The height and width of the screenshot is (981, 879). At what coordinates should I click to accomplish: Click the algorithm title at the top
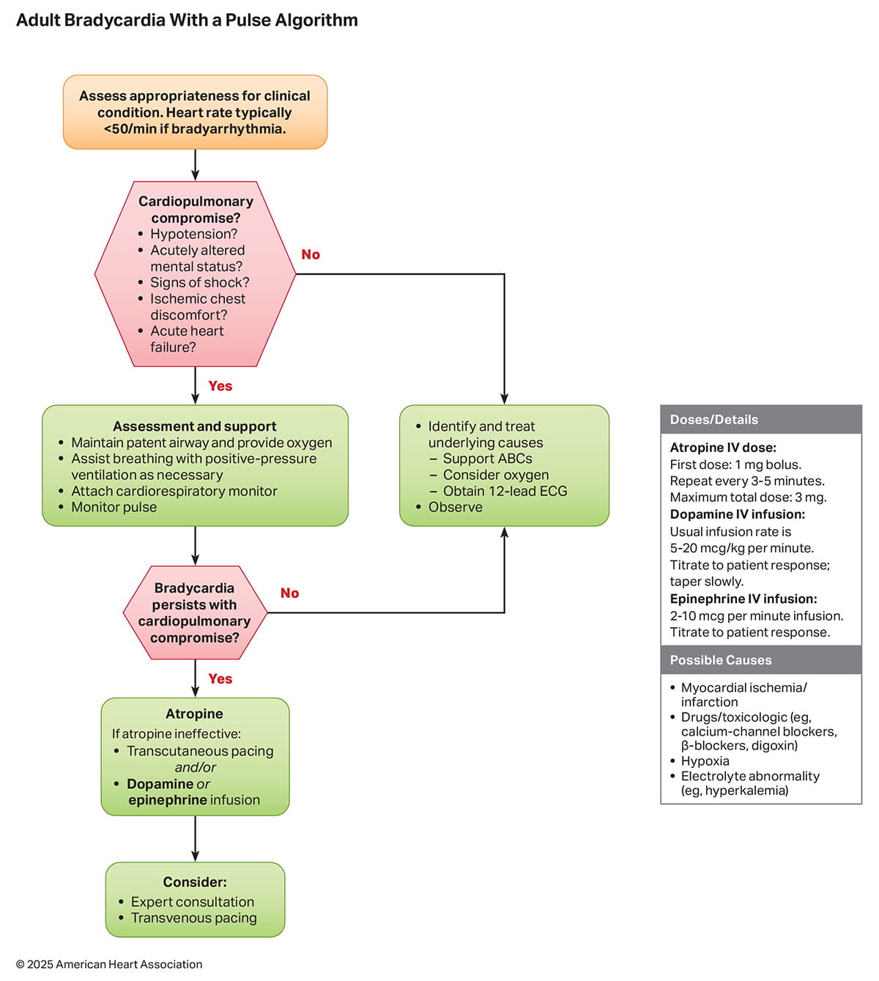tap(187, 21)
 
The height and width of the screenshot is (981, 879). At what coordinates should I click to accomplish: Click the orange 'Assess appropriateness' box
tap(195, 112)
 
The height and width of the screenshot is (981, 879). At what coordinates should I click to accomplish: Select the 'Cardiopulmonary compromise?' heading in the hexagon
tap(196, 210)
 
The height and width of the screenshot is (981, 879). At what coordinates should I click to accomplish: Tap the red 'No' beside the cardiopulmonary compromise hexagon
tap(311, 254)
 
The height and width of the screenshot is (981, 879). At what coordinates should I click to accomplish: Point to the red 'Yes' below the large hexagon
tap(220, 386)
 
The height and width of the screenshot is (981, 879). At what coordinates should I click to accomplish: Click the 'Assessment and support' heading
tap(195, 426)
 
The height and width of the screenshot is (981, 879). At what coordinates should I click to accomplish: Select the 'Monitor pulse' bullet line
tap(114, 507)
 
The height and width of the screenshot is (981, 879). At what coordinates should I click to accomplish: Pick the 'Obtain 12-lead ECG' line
tap(505, 491)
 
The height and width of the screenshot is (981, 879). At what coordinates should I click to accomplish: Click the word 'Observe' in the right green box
tap(455, 507)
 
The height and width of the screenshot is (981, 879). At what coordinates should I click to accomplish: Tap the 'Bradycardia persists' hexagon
tap(195, 612)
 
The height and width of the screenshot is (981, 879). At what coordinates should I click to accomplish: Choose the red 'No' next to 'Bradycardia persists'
tap(289, 593)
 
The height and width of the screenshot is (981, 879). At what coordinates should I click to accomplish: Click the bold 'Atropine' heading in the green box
tap(194, 714)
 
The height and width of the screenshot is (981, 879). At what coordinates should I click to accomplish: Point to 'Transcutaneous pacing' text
tap(199, 751)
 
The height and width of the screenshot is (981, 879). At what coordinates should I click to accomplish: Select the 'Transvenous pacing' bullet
tap(193, 918)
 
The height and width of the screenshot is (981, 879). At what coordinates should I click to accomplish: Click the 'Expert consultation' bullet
tap(192, 902)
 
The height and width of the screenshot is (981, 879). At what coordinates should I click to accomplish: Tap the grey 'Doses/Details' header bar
tap(761, 420)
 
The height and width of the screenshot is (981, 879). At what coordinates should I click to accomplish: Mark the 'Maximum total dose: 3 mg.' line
tap(748, 497)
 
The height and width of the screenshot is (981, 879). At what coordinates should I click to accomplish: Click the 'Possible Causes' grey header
tap(761, 660)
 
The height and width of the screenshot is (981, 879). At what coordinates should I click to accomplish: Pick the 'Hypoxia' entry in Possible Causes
tap(705, 760)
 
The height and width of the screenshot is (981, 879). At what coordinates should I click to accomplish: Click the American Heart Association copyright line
tap(109, 964)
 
